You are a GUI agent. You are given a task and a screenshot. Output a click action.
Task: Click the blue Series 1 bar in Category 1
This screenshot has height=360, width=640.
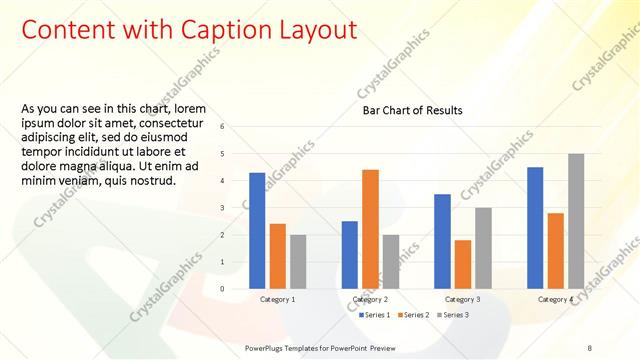point(257,231)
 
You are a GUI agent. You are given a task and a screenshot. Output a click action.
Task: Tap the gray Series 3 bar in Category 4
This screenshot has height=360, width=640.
point(576,221)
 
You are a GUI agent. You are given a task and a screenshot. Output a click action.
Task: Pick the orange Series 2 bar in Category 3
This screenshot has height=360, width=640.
point(463,264)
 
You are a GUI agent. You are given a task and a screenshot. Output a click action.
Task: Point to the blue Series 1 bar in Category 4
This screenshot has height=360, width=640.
point(535,228)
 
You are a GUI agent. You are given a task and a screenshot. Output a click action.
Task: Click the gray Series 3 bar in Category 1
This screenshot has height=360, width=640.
point(298,262)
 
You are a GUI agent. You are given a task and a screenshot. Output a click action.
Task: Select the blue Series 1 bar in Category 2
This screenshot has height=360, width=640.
point(350,255)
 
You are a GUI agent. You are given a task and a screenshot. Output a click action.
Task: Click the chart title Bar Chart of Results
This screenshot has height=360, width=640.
point(412,110)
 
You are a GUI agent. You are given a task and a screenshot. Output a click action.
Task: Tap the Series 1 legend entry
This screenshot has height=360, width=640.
point(374,315)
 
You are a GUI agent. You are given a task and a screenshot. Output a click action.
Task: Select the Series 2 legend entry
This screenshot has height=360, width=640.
point(413,315)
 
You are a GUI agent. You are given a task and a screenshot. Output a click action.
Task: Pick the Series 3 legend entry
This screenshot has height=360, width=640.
point(452,315)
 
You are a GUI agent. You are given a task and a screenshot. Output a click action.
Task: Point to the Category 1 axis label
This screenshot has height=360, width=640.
point(277,299)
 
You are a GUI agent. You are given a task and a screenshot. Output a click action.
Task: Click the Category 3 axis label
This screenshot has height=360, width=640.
point(463,299)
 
